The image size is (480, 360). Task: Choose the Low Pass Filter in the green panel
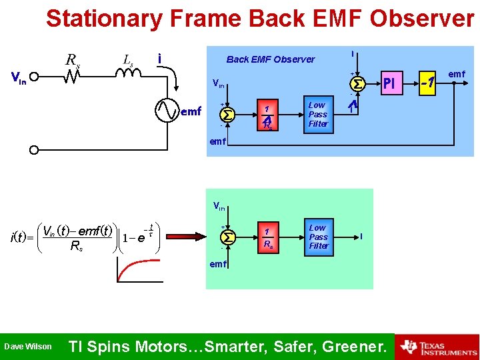point(318,237)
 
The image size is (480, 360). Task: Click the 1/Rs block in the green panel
point(267,237)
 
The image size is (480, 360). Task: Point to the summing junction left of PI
point(357,83)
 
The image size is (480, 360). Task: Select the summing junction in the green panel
point(228,237)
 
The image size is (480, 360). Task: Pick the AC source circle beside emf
point(167,111)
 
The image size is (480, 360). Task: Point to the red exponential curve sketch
point(133,267)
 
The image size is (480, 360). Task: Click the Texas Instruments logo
point(437,347)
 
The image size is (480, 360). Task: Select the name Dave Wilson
point(28,347)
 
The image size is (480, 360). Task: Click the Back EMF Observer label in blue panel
point(270,59)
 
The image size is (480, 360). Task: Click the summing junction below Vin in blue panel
point(228,114)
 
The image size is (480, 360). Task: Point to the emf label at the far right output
point(457,73)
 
